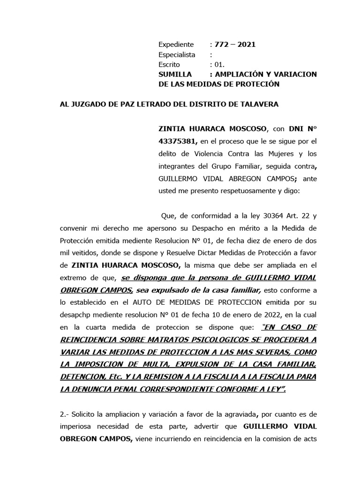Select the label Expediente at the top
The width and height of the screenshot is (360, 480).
176,45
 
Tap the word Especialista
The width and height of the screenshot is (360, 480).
177,55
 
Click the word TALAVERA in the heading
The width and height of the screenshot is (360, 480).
260,104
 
